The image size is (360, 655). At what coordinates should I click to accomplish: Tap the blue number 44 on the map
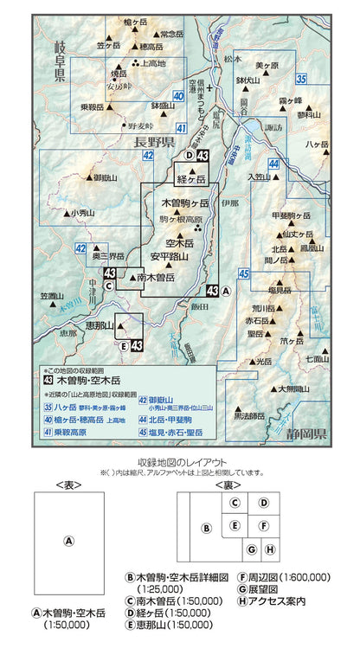point(273,164)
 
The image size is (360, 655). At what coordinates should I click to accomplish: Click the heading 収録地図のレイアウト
point(180,461)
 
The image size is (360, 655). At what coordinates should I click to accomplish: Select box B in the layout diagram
point(206,529)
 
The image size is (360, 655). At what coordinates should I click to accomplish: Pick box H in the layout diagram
point(269,549)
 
